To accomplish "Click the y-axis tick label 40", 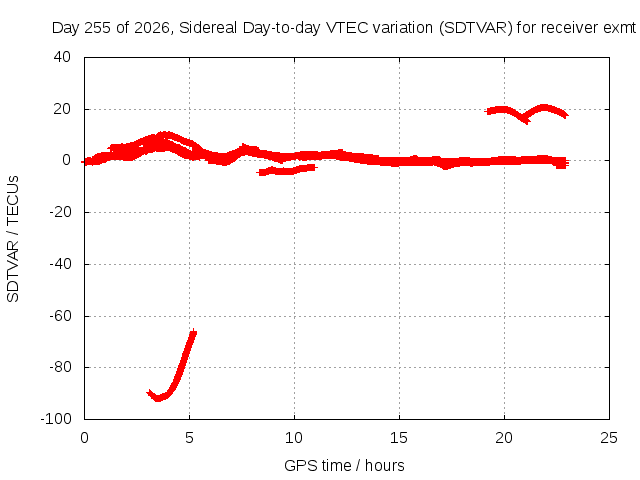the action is (x=62, y=57).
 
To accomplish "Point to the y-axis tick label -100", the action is (x=56, y=418).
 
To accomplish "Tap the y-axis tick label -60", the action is (x=60, y=316).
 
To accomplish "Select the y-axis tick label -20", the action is (x=60, y=212).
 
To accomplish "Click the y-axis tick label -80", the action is (x=60, y=367).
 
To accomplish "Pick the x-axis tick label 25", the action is (x=609, y=438).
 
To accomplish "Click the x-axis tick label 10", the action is (x=294, y=438).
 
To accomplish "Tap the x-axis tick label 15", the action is (x=399, y=438).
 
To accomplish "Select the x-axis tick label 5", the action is (x=189, y=438).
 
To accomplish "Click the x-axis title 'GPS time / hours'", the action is (x=344, y=465).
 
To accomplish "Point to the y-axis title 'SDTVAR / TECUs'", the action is (x=13, y=239).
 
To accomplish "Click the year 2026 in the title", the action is (x=151, y=28).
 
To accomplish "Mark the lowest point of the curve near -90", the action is (x=158, y=398).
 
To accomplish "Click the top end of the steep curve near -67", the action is (x=193, y=332).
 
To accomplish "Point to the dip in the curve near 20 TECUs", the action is (x=524, y=120).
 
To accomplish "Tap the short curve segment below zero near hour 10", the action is (x=287, y=170).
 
